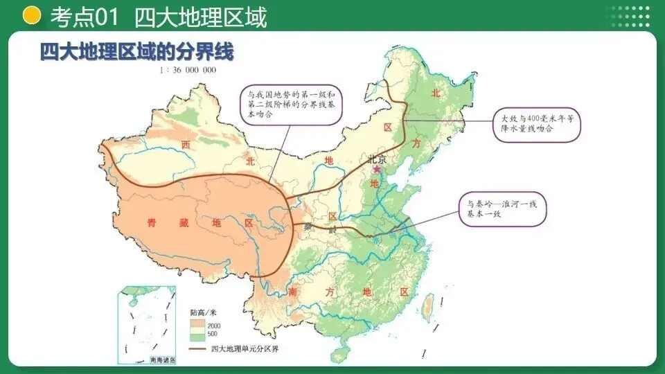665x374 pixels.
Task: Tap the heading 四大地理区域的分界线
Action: (x=136, y=52)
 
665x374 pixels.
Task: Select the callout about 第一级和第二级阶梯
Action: (x=292, y=104)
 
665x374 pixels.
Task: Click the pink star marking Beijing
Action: (x=377, y=168)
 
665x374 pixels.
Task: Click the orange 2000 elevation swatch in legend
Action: (x=197, y=324)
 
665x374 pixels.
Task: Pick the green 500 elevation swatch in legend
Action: (x=197, y=335)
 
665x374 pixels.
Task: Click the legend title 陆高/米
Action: (x=204, y=314)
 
